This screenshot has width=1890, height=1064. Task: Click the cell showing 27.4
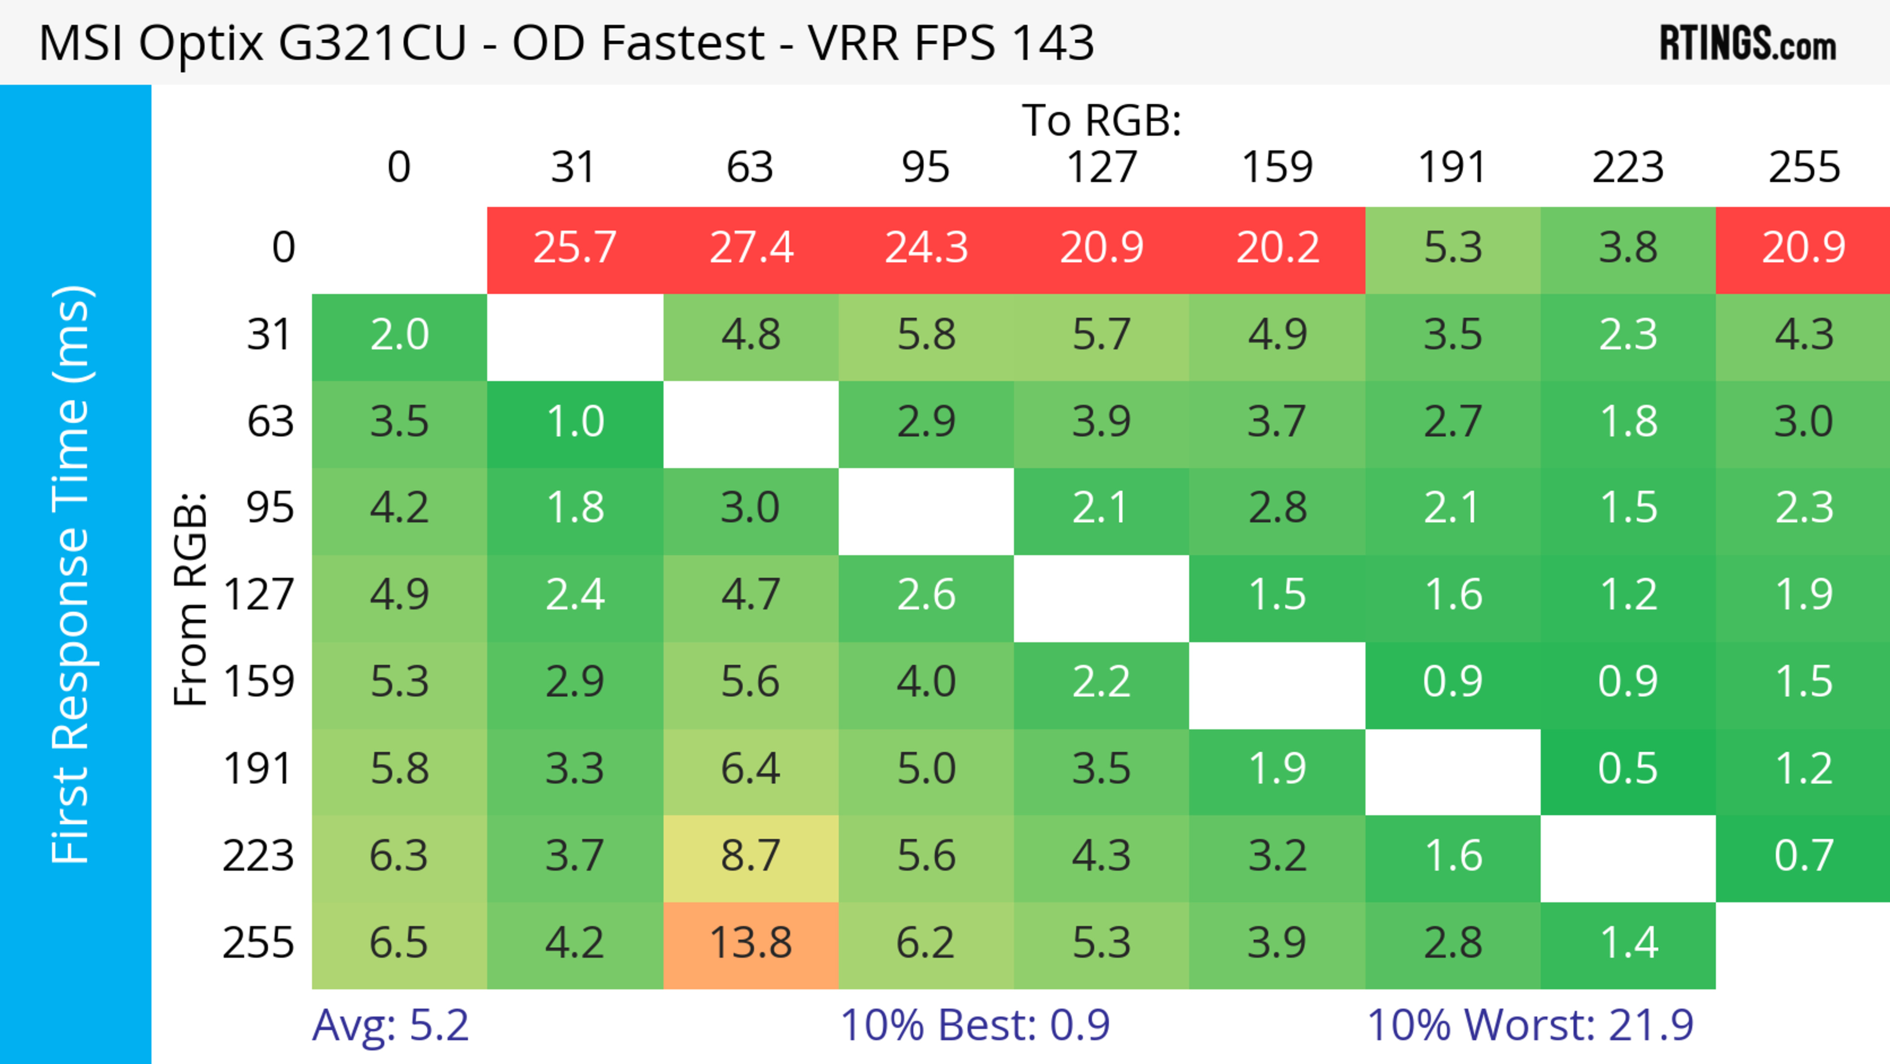click(x=751, y=248)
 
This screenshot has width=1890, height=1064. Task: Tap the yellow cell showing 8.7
click(x=751, y=856)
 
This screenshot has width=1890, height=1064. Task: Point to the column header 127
click(x=1102, y=167)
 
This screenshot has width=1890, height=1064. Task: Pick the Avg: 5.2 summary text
click(x=390, y=1025)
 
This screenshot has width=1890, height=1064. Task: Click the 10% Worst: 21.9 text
click(x=1530, y=1025)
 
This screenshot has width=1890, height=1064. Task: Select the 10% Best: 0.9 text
click(x=975, y=1025)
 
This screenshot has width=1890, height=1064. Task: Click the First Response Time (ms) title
click(x=71, y=574)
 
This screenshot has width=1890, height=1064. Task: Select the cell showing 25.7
click(x=574, y=248)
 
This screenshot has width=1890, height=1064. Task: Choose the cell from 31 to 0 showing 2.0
click(x=399, y=335)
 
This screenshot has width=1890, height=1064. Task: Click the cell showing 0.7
click(x=1803, y=856)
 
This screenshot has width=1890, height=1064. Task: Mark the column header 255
click(x=1803, y=167)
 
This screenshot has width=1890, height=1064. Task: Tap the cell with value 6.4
click(x=751, y=769)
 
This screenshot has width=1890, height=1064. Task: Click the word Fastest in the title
click(x=682, y=42)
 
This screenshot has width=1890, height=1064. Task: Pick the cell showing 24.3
click(x=926, y=248)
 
